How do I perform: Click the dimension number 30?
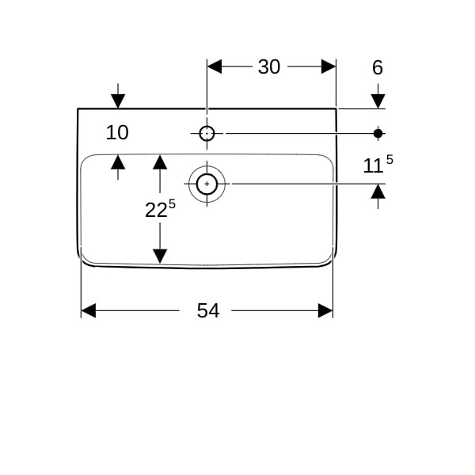pos(269,67)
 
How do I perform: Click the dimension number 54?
pos(208,310)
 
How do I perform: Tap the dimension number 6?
pos(378,67)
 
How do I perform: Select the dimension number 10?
pos(117,133)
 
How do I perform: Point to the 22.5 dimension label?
pos(160,209)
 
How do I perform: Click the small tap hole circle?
pos(207,133)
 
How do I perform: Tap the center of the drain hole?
pos(207,184)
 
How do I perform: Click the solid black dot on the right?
pos(378,133)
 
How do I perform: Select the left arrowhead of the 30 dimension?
pos(215,66)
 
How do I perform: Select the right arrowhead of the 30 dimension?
pos(329,66)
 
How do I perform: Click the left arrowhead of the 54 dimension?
pos(89,310)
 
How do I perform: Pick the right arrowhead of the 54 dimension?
pos(325,310)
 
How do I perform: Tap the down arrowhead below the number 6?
pos(378,101)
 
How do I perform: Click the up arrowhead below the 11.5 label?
pos(378,192)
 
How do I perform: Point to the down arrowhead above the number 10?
pos(118,101)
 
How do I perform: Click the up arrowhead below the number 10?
pos(118,161)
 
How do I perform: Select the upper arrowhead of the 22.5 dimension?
pos(160,161)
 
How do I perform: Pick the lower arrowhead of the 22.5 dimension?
pos(160,256)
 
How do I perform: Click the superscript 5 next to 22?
pos(172,204)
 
